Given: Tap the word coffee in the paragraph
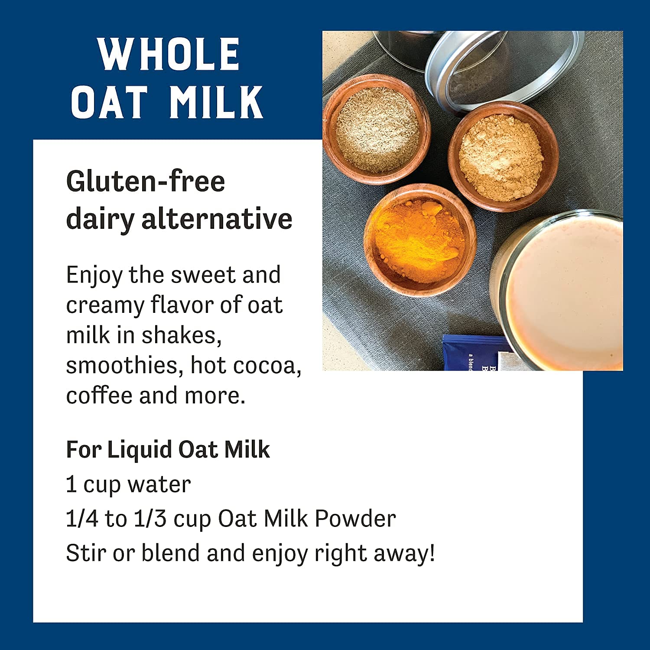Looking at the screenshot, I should coord(99,396).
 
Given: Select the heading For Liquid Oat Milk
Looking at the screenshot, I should coord(168,449).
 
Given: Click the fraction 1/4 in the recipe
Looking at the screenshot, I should coord(82,519).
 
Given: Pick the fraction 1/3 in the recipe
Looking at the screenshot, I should coord(150,519).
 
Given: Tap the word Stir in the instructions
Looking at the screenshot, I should coord(85,553).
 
